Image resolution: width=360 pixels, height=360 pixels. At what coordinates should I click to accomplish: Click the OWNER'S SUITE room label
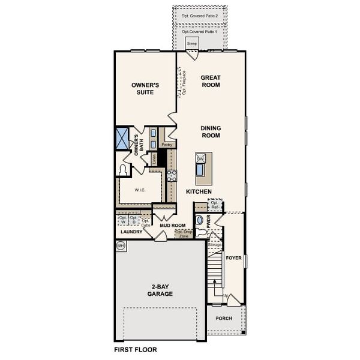(x=145, y=89)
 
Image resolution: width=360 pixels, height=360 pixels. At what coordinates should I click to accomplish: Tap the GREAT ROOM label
(x=210, y=81)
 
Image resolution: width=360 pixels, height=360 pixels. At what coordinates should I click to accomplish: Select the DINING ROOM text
(x=210, y=131)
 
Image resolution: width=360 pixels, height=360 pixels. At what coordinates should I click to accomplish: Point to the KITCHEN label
(x=199, y=191)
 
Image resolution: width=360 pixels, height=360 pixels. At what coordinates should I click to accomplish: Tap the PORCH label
(x=224, y=319)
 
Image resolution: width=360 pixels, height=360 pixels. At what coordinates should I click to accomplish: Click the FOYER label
(x=233, y=258)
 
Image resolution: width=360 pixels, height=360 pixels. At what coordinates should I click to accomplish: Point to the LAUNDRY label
(x=131, y=232)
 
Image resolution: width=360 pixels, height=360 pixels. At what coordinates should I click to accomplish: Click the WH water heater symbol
(x=121, y=245)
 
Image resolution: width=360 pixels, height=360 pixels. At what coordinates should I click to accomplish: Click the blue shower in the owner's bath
(x=122, y=138)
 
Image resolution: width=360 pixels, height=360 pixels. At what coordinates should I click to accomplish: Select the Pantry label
(x=167, y=145)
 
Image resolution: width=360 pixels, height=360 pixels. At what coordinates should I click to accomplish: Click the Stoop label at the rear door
(x=191, y=44)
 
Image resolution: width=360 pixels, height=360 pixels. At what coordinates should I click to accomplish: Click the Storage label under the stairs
(x=214, y=245)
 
